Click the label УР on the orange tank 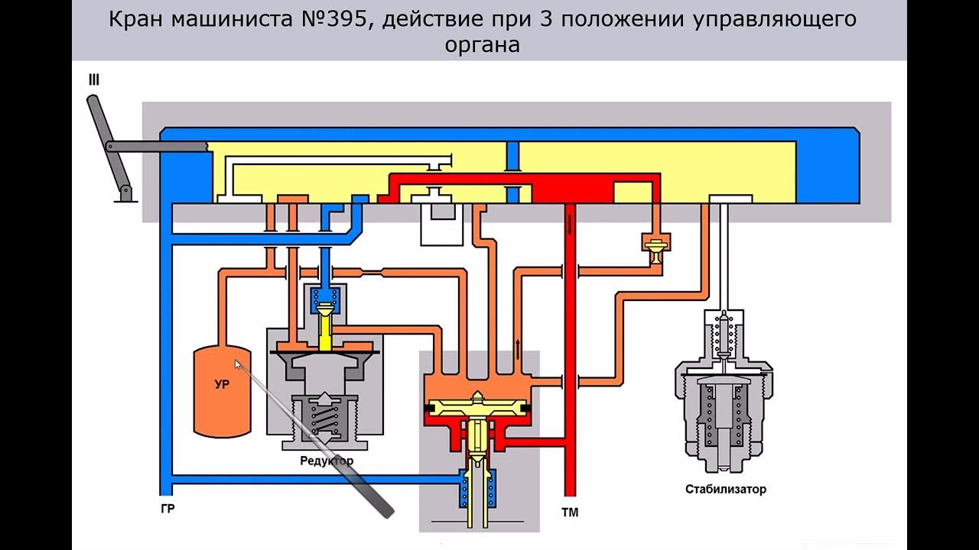pos(221,385)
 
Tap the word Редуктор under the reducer pos(327,461)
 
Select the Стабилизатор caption pos(725,489)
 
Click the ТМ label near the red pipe pos(570,512)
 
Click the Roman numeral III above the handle pos(94,80)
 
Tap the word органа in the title pos(482,44)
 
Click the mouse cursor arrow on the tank pos(238,365)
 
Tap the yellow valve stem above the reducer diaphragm pos(325,328)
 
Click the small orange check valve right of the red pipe pos(655,248)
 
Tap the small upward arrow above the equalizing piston pos(519,348)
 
